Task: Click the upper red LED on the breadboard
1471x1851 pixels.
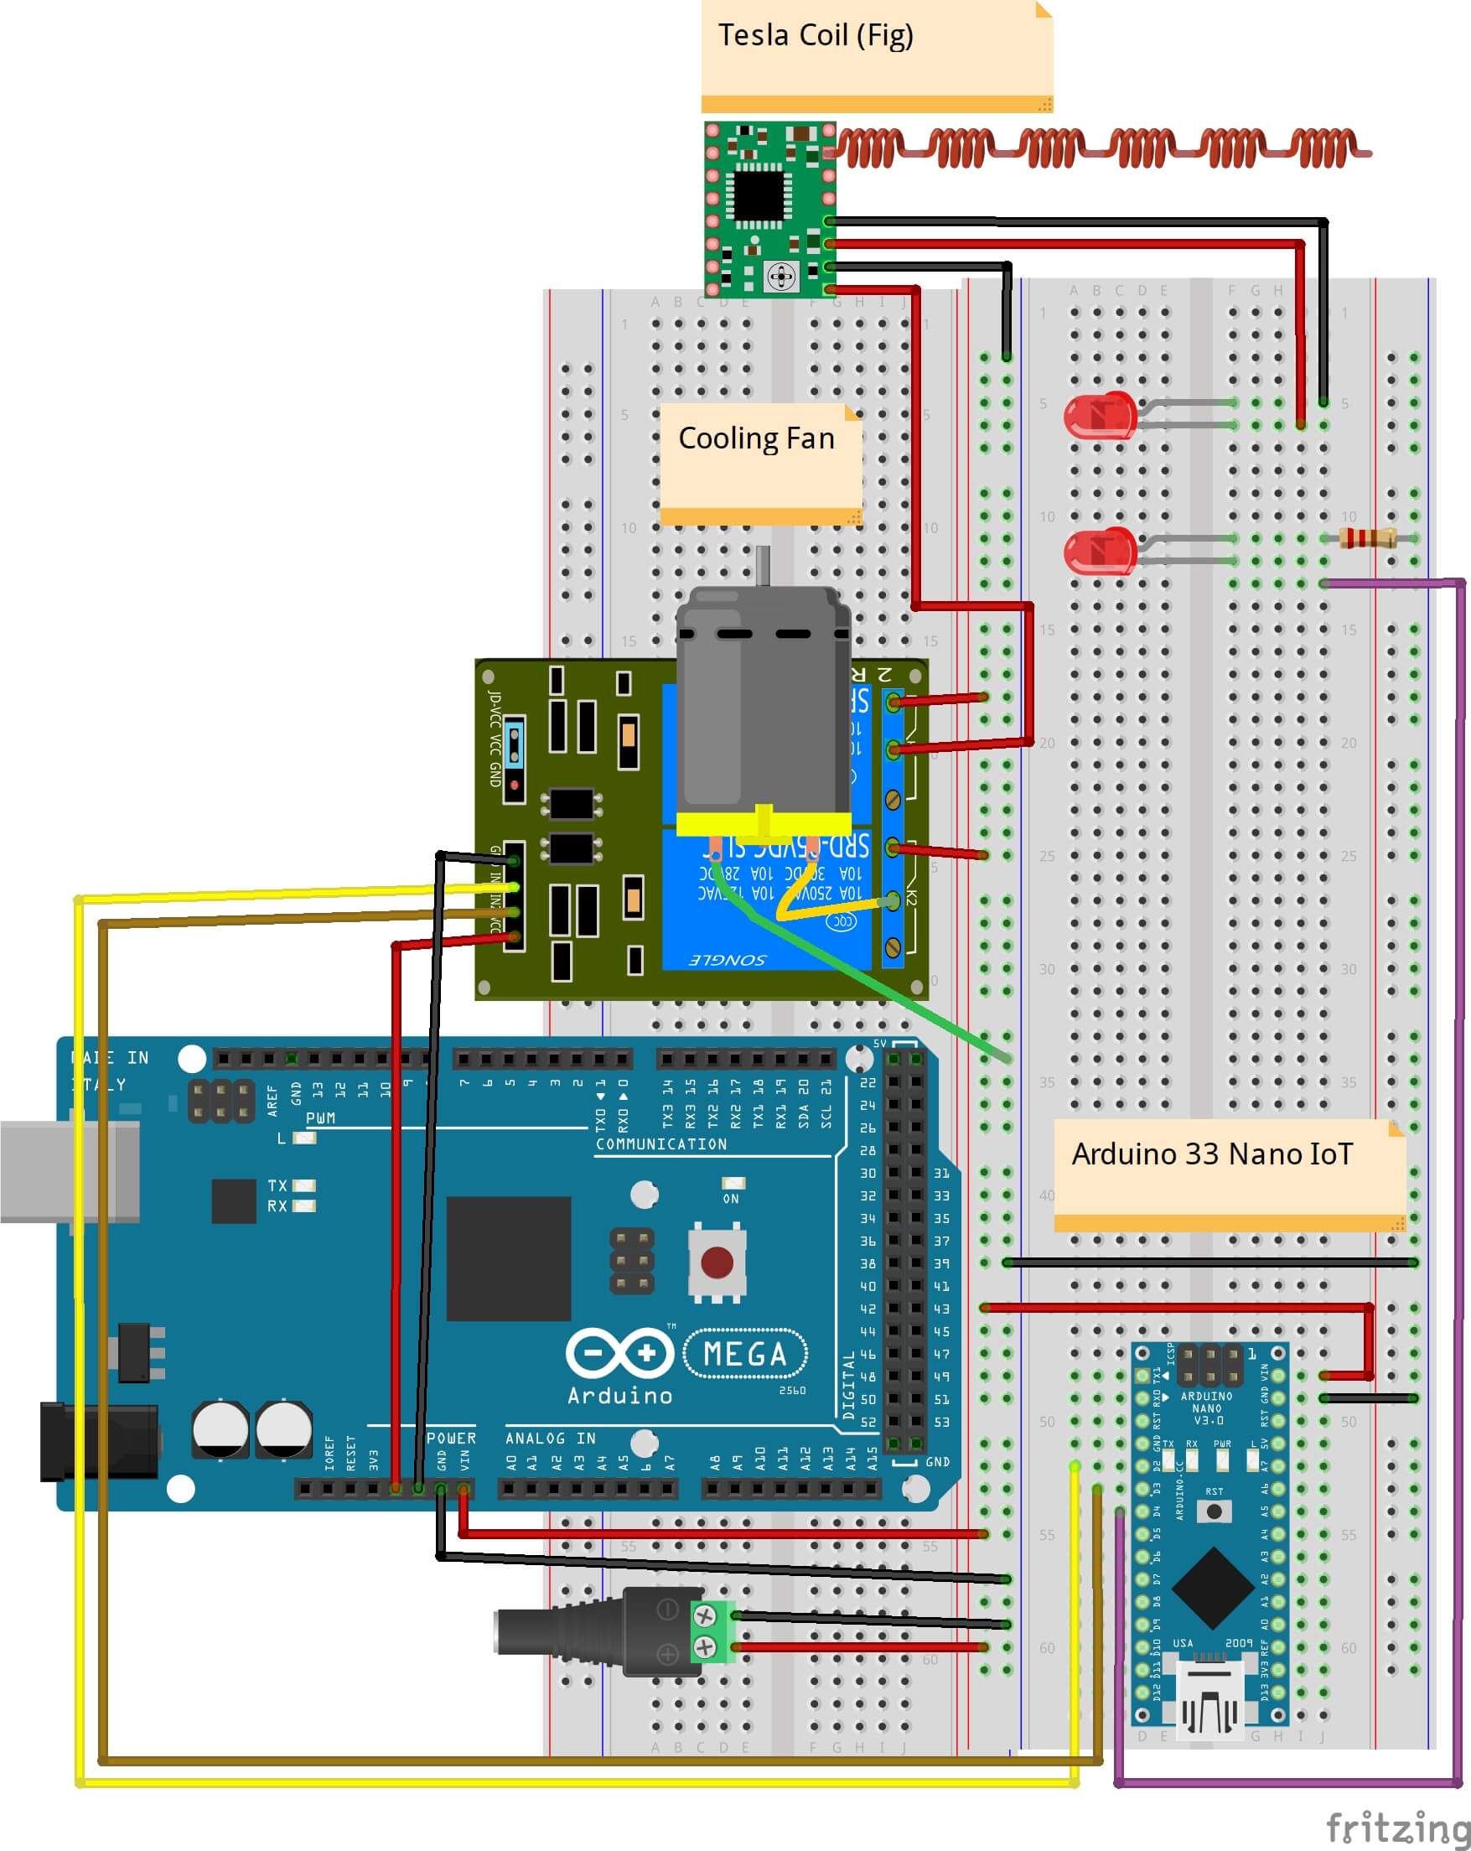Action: [x=1099, y=417]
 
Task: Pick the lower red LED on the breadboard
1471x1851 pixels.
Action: [x=1099, y=551]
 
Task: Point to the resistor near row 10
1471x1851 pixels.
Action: [x=1368, y=538]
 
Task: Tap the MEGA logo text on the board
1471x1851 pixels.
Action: [x=745, y=1354]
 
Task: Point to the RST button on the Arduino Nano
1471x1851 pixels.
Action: [x=1214, y=1510]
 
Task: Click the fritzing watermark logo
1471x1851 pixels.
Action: [x=1397, y=1826]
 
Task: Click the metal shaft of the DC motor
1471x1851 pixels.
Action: [x=762, y=567]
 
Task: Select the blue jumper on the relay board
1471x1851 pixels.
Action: [x=514, y=744]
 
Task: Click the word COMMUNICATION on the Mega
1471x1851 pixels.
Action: [x=660, y=1144]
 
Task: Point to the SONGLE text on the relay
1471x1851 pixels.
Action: [x=728, y=959]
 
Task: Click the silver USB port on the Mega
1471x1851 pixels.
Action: [x=69, y=1170]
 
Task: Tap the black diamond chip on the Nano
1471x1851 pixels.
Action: [x=1212, y=1589]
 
